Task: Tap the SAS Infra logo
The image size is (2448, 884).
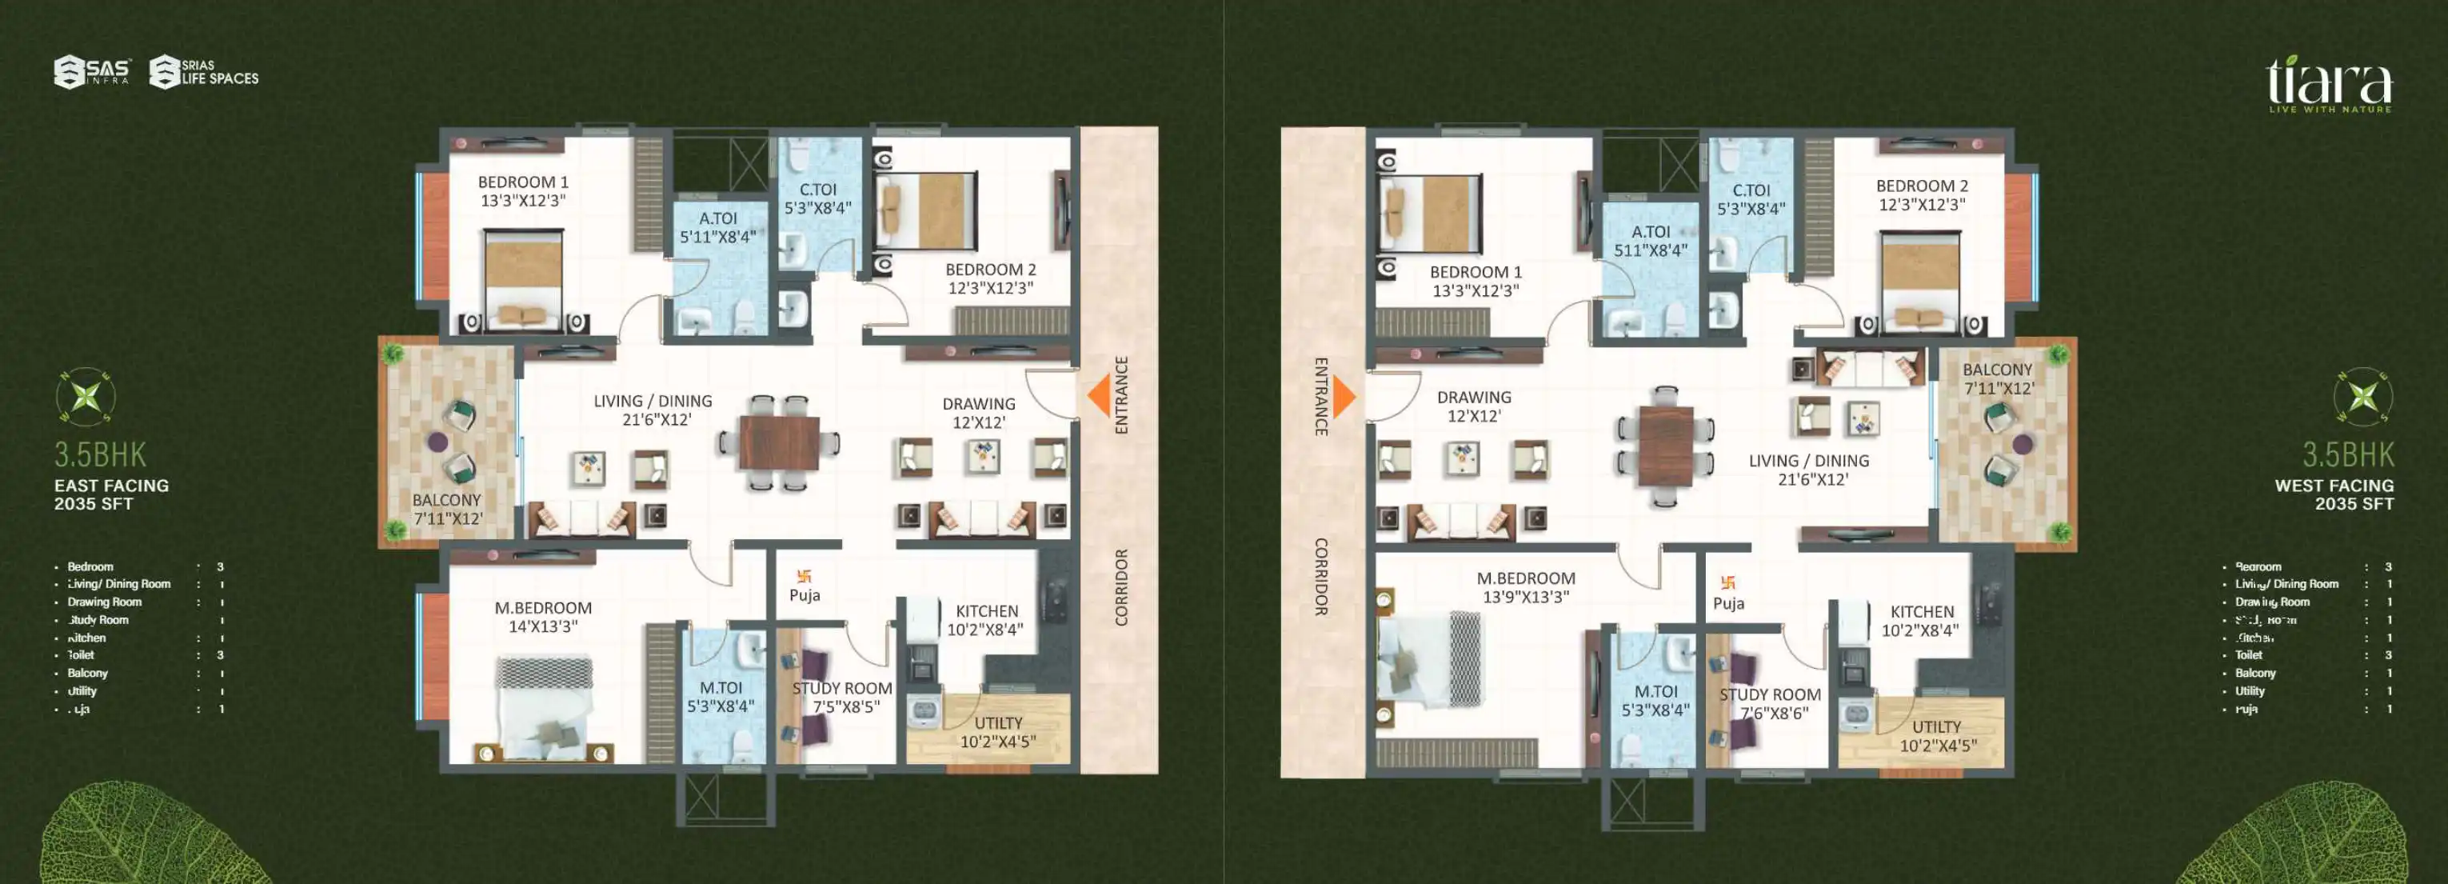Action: point(92,72)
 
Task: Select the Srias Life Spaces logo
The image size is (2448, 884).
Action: point(204,72)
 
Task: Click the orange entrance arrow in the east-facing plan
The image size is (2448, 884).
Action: point(1100,395)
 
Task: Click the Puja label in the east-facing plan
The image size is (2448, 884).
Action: point(804,595)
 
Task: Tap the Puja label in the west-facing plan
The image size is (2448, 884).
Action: point(1727,602)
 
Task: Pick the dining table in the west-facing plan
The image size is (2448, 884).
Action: point(1665,446)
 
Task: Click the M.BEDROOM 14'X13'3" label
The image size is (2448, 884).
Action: point(543,617)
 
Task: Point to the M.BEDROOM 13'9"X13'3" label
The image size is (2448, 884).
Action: point(1525,587)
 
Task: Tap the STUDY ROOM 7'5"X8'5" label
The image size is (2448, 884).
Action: point(842,697)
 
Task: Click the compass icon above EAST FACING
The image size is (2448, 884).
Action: point(86,395)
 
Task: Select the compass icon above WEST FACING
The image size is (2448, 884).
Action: point(2362,395)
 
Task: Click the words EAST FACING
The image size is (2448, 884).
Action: point(111,486)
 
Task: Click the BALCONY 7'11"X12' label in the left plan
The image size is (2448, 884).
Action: point(446,509)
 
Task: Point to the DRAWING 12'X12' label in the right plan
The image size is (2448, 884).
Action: point(1473,406)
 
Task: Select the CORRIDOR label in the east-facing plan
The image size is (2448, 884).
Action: point(1121,586)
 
